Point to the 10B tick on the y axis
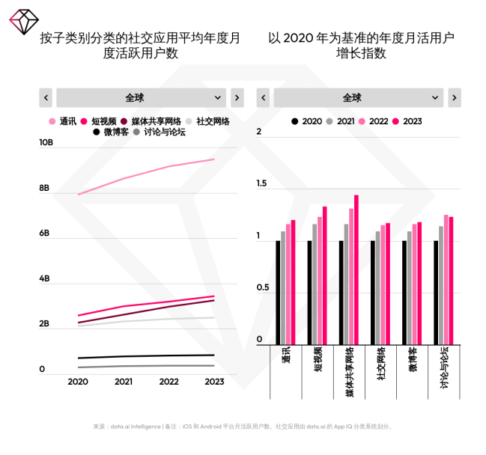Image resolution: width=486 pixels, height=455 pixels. tap(46, 142)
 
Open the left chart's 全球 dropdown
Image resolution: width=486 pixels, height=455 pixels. tap(141, 97)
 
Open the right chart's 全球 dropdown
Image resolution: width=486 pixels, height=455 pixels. tap(358, 97)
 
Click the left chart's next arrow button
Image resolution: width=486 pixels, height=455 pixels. tap(237, 97)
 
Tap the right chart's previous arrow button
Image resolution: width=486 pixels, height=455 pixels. tap(263, 97)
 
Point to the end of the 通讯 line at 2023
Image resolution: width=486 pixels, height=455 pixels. tap(214, 159)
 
